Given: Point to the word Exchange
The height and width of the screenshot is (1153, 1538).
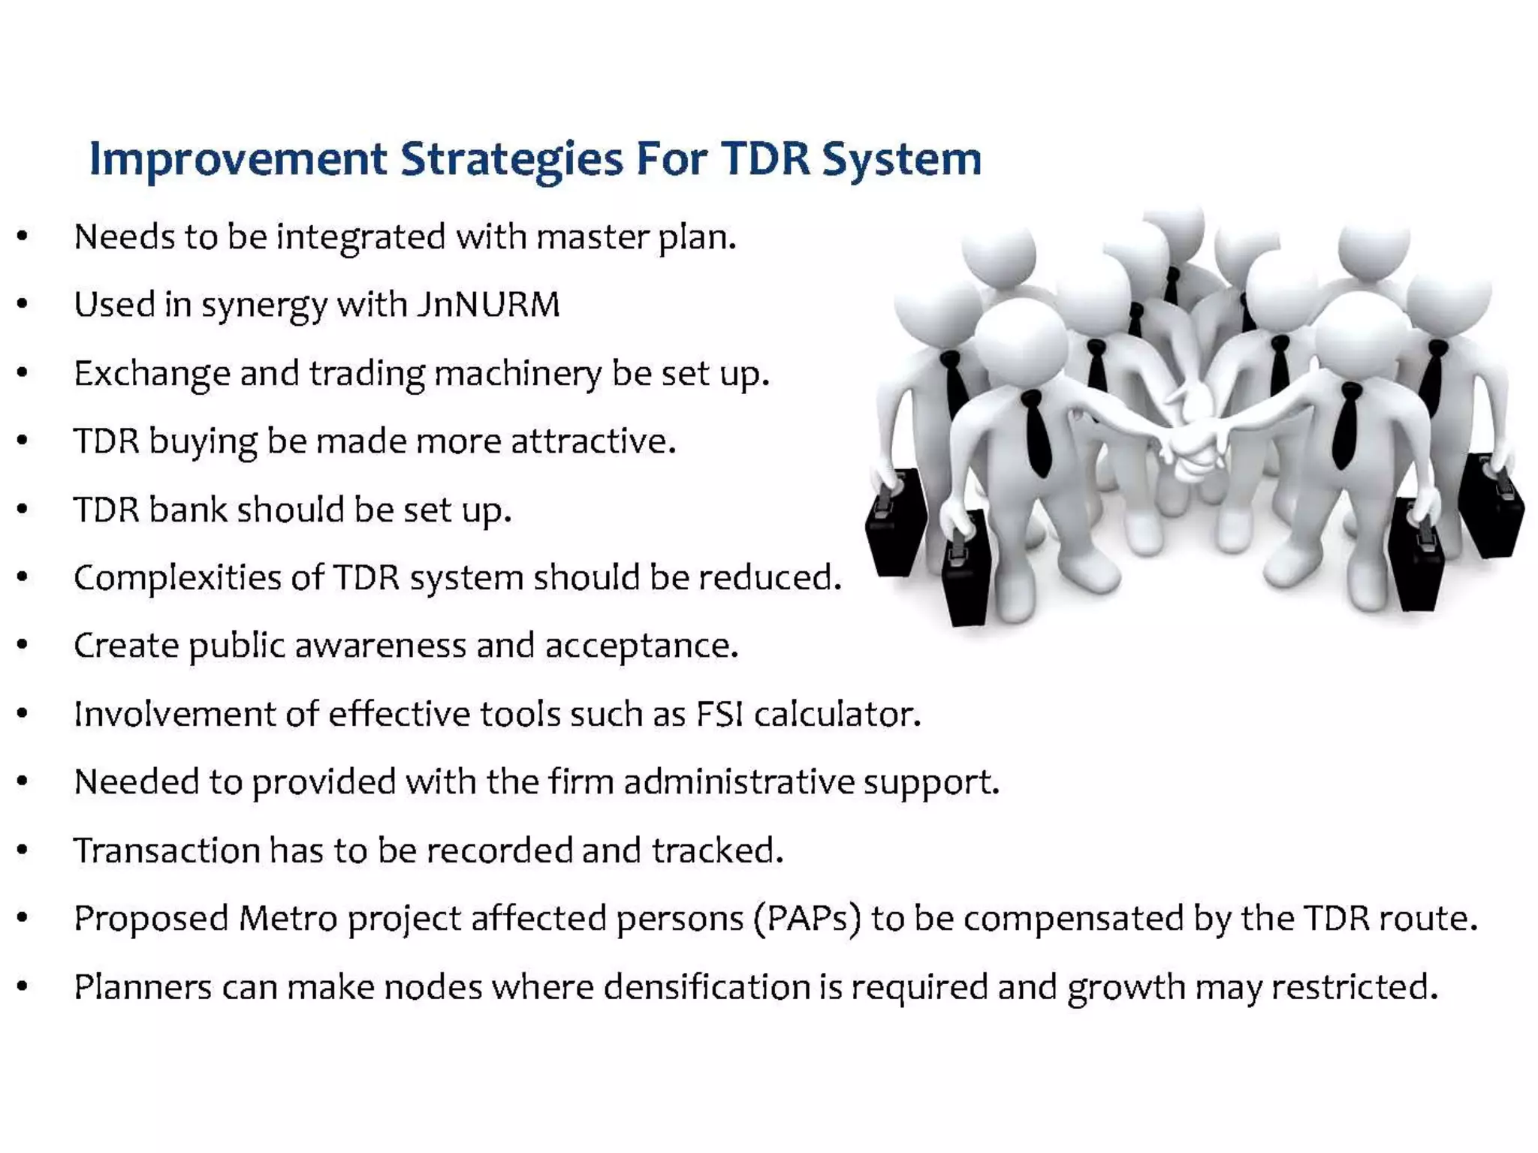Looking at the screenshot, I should point(152,373).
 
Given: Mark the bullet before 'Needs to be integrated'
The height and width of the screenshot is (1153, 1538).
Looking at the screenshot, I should point(23,237).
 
